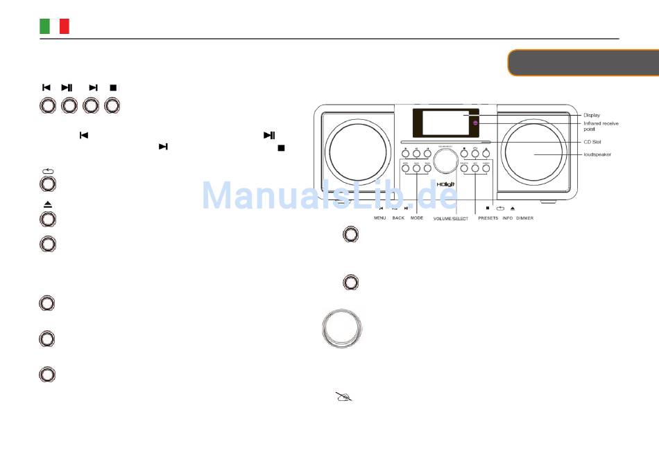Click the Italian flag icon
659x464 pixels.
[x=54, y=26]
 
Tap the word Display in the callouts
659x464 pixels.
[x=592, y=116]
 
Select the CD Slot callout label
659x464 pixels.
[x=592, y=141]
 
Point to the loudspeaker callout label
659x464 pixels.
[x=597, y=154]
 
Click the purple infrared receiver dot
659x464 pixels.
[x=476, y=123]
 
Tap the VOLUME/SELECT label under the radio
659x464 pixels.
[x=451, y=218]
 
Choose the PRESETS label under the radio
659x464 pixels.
[x=488, y=217]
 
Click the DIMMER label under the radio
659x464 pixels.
[x=524, y=217]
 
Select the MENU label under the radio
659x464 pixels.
[x=380, y=217]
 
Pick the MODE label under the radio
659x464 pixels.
[x=416, y=217]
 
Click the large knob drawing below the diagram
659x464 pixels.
[x=342, y=328]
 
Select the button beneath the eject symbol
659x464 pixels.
[x=47, y=219]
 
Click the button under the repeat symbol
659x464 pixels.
[x=47, y=184]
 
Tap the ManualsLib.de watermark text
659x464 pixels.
[x=329, y=196]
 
